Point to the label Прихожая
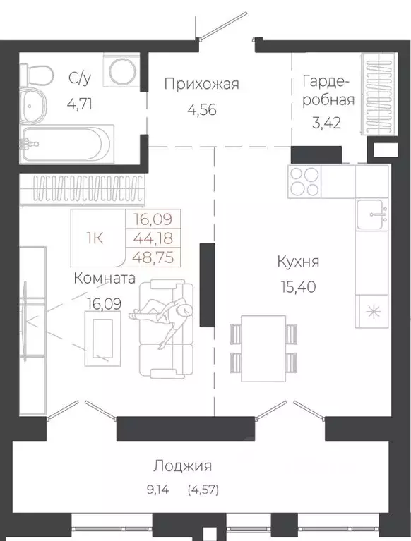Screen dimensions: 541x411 [201, 85]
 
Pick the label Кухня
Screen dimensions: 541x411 [298, 262]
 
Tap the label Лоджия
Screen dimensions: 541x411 [183, 466]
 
